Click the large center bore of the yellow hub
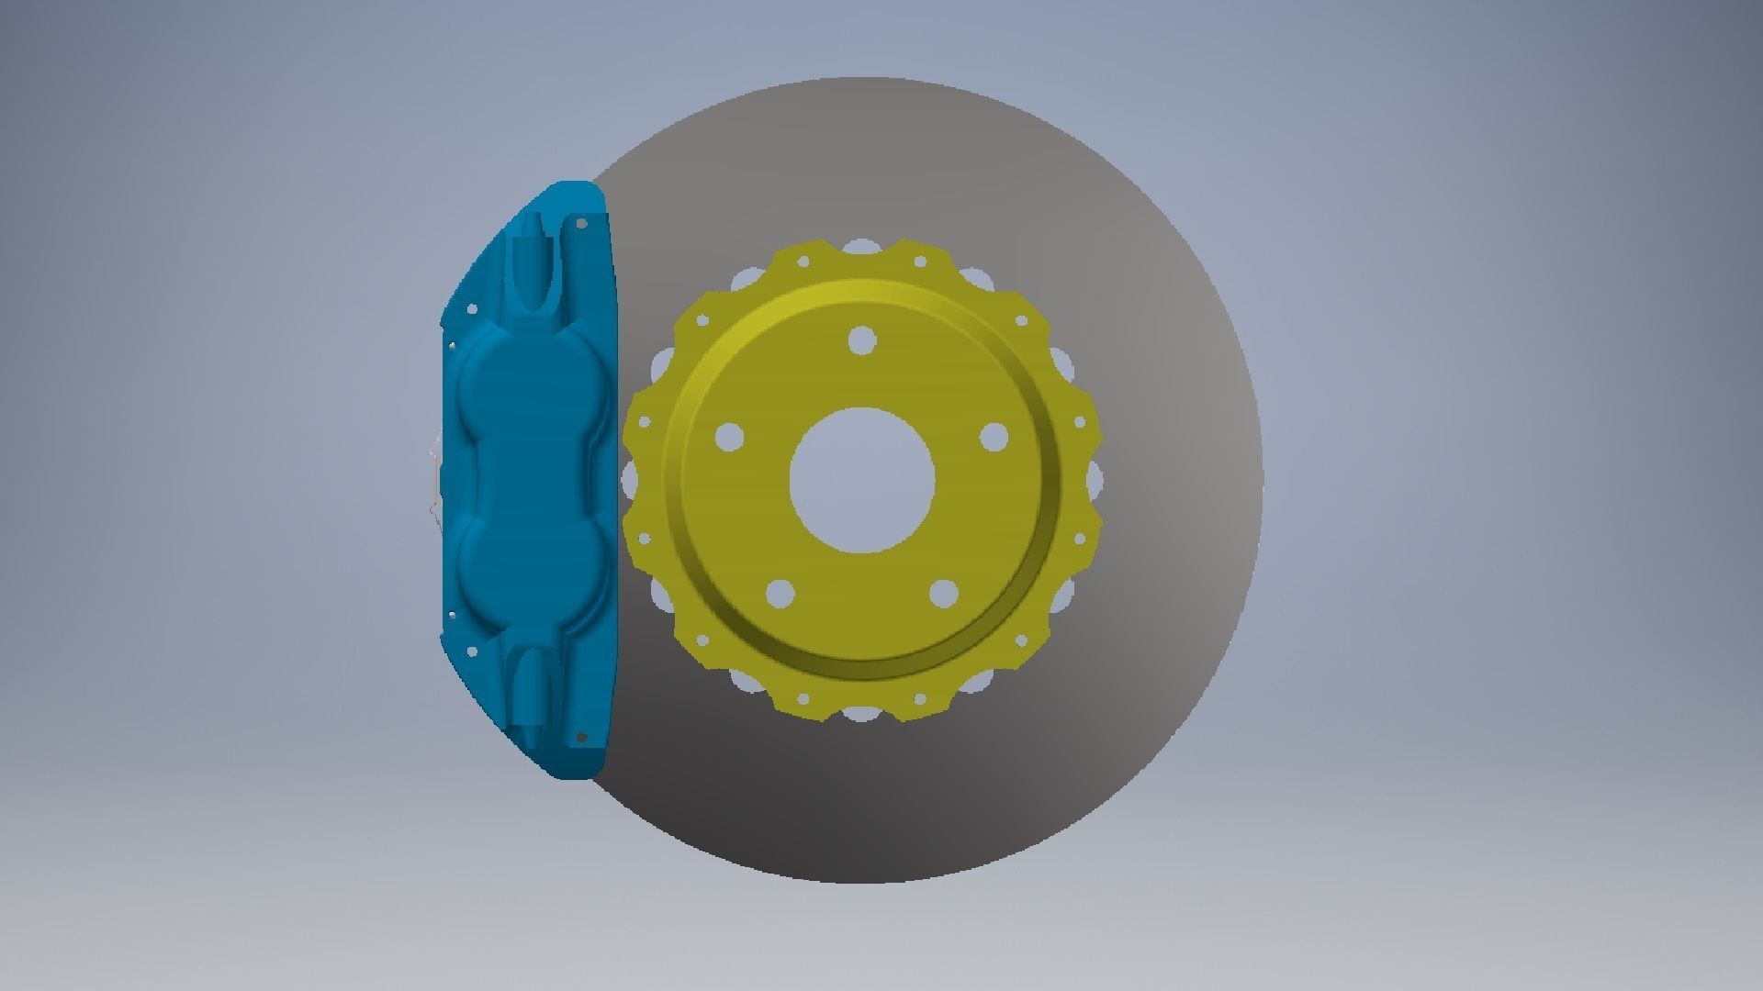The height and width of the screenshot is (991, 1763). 862,481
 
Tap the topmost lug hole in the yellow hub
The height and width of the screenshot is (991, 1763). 861,340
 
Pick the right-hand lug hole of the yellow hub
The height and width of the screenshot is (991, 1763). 994,438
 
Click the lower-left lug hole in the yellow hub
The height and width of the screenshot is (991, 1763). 779,595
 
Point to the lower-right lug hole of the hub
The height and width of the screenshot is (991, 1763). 943,594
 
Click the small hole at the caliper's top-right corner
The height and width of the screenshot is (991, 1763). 580,222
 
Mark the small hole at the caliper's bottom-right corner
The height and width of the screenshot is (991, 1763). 580,735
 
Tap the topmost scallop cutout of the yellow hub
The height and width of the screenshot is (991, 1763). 860,247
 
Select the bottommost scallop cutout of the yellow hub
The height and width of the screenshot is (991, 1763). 861,714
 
